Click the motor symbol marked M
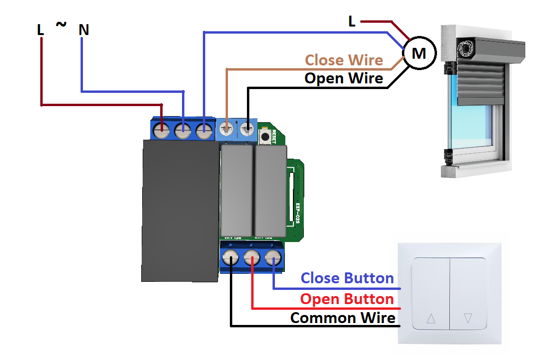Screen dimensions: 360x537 [x=419, y=53]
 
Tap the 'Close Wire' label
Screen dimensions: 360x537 [x=344, y=60]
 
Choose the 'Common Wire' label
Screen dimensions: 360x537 [x=343, y=317]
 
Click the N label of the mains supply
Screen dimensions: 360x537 [x=84, y=30]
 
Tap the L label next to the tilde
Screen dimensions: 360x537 [x=41, y=30]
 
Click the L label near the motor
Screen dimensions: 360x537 [x=352, y=21]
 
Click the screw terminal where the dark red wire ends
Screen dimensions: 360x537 [x=162, y=129]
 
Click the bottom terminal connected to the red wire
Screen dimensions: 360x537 [x=252, y=259]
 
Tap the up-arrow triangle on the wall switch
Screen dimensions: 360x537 [x=431, y=318]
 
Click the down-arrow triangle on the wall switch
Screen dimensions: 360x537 [x=468, y=318]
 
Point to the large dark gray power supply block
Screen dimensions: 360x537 [x=180, y=211]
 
